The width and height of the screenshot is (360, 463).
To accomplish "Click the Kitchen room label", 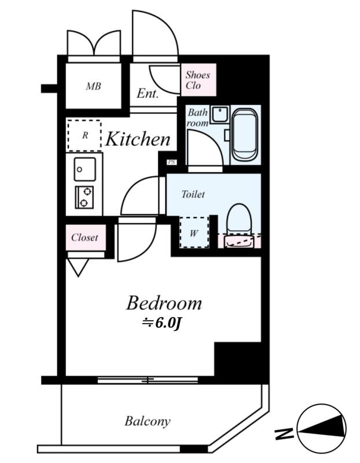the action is (138, 139).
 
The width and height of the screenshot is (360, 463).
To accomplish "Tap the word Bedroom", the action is (164, 303).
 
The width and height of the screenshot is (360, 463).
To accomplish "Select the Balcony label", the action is (148, 421).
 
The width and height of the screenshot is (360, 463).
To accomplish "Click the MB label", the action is (94, 86).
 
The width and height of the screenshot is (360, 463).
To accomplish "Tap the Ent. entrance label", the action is (148, 94).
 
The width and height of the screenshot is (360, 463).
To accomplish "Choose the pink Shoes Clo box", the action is (199, 80).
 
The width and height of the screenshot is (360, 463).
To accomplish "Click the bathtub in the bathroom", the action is (245, 135).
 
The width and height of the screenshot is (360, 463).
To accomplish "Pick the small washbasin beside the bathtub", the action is (221, 114).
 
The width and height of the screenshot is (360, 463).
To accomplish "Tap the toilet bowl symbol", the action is (239, 225).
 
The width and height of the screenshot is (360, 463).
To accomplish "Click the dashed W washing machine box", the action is (194, 233).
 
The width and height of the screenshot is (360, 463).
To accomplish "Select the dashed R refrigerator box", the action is (85, 135).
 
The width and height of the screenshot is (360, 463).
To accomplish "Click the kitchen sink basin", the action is (85, 169).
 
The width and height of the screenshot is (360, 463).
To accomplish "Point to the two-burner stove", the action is (84, 197).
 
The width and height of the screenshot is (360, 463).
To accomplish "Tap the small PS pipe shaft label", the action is (171, 162).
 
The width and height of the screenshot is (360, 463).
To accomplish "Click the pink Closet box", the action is (85, 238).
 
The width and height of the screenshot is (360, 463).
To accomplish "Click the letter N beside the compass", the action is (284, 433).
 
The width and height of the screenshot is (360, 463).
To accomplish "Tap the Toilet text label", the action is (193, 194).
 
